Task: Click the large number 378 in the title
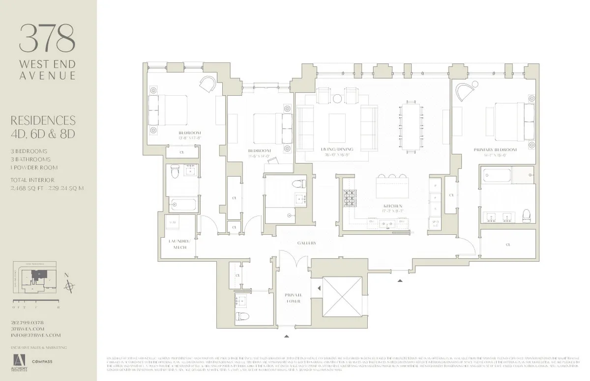(48, 38)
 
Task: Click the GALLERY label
(306, 243)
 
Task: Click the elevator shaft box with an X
(342, 296)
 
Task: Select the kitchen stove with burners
(351, 199)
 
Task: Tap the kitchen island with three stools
(392, 186)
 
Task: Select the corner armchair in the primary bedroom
(465, 92)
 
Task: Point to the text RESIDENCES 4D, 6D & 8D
(46, 127)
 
